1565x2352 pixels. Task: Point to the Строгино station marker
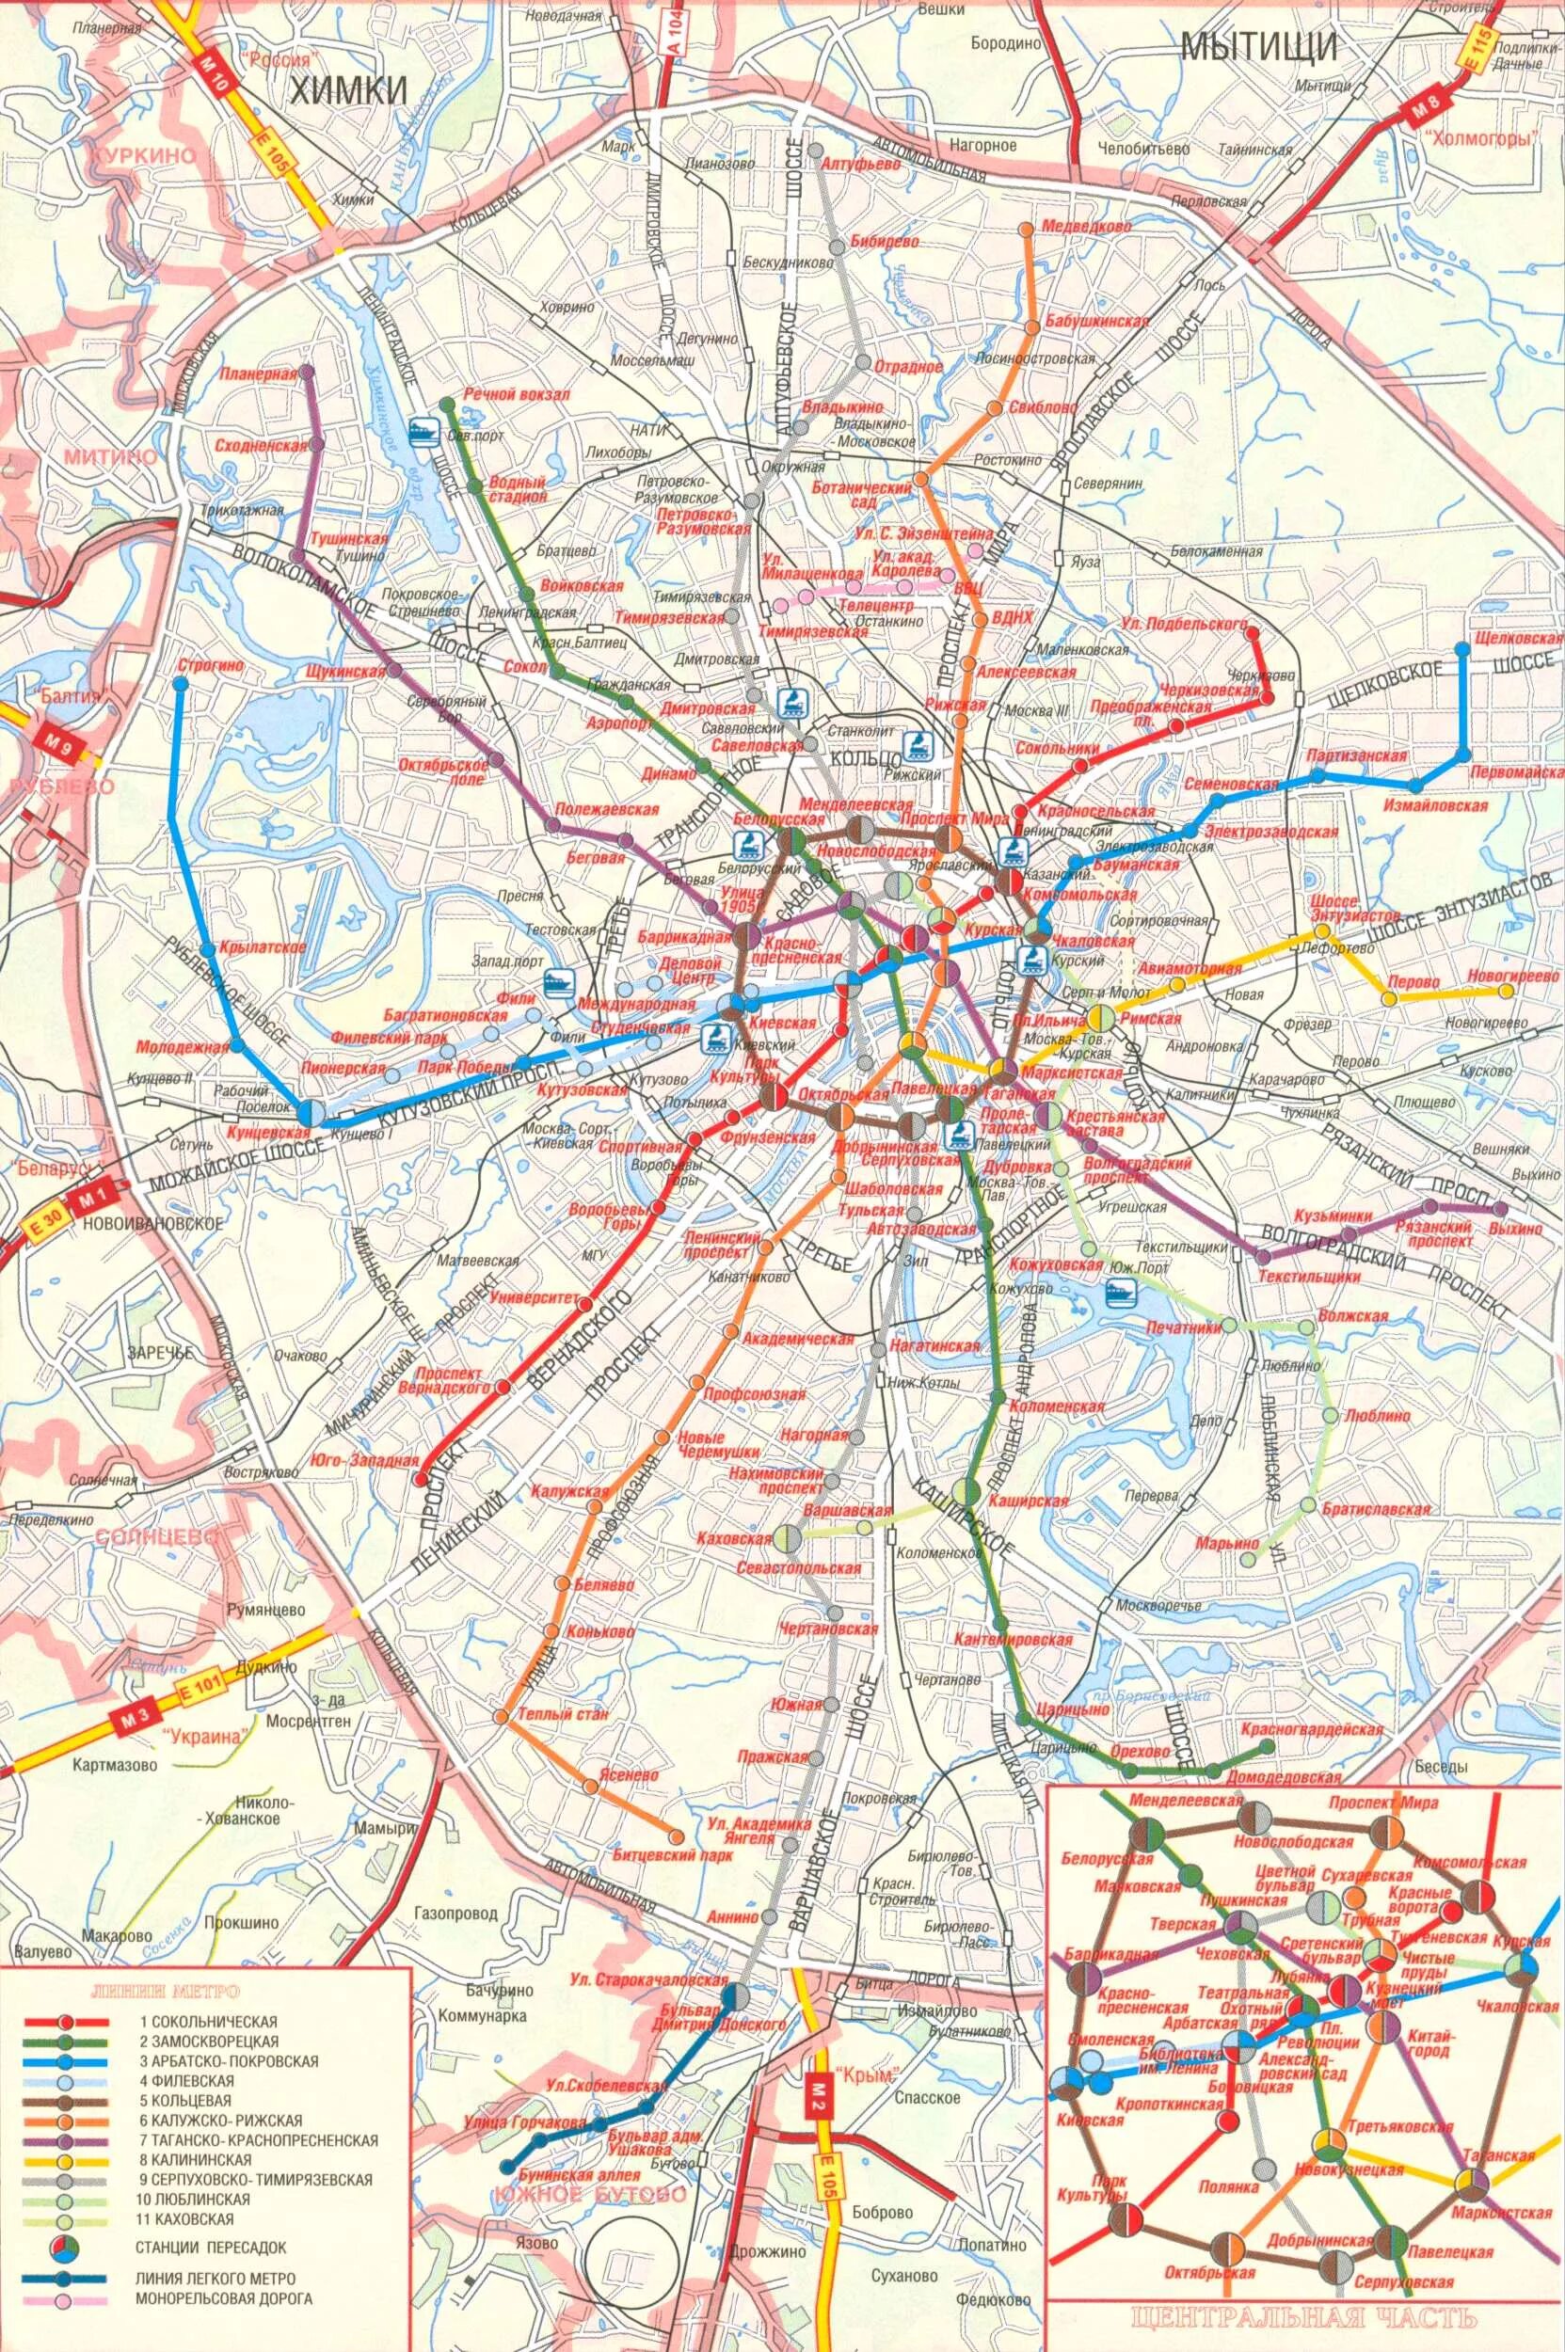tap(180, 684)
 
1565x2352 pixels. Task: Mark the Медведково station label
tap(1086, 228)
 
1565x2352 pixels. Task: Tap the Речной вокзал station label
tap(517, 395)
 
